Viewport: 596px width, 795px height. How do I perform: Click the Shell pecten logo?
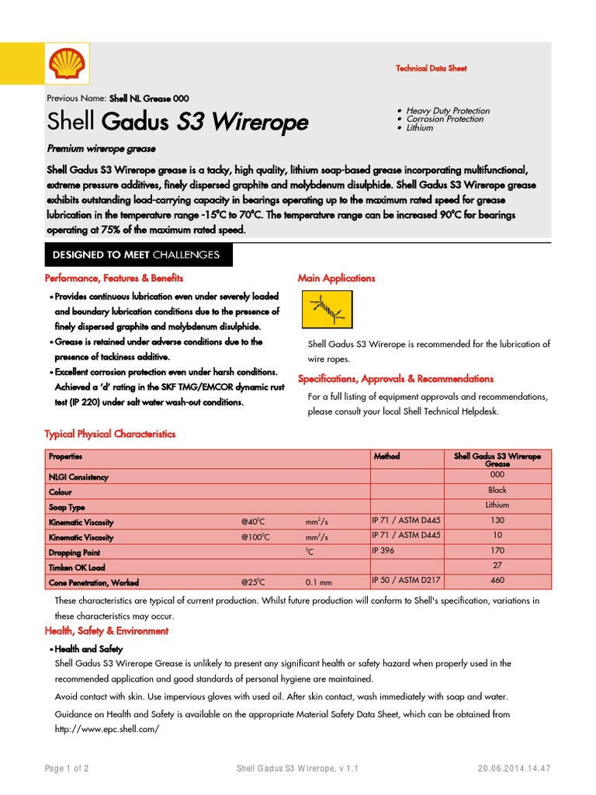click(65, 64)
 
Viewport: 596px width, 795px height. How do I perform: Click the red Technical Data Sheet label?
click(431, 68)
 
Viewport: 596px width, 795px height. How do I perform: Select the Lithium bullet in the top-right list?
click(420, 128)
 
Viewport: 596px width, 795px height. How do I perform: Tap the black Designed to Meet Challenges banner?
click(136, 255)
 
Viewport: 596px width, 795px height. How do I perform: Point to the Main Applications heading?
click(336, 278)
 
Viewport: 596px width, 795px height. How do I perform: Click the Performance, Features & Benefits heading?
click(114, 278)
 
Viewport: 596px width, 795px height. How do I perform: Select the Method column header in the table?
click(386, 457)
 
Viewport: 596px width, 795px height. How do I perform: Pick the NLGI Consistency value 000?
click(497, 474)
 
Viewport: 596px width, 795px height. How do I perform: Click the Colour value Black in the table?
click(497, 490)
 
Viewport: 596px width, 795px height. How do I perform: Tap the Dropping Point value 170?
click(497, 550)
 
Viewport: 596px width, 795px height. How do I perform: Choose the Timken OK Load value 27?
click(497, 565)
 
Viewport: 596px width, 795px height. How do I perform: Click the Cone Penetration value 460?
click(497, 580)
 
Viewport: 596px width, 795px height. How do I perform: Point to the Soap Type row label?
click(67, 508)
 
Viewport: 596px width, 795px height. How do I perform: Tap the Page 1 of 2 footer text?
click(67, 769)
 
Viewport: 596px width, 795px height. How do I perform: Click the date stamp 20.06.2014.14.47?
click(514, 769)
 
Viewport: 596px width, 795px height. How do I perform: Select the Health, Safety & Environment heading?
click(106, 631)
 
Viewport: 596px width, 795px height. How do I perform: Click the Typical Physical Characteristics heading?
click(110, 434)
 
